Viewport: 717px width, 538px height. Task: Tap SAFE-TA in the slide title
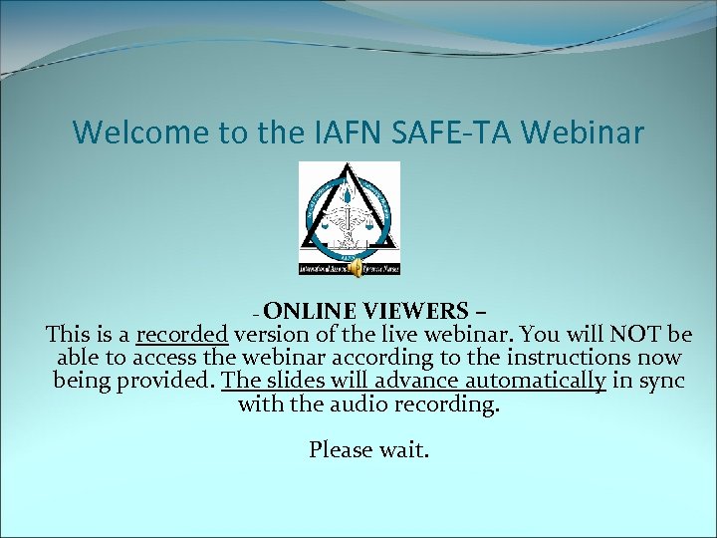tap(476, 132)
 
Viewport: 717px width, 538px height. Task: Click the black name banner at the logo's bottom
tap(350, 269)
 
